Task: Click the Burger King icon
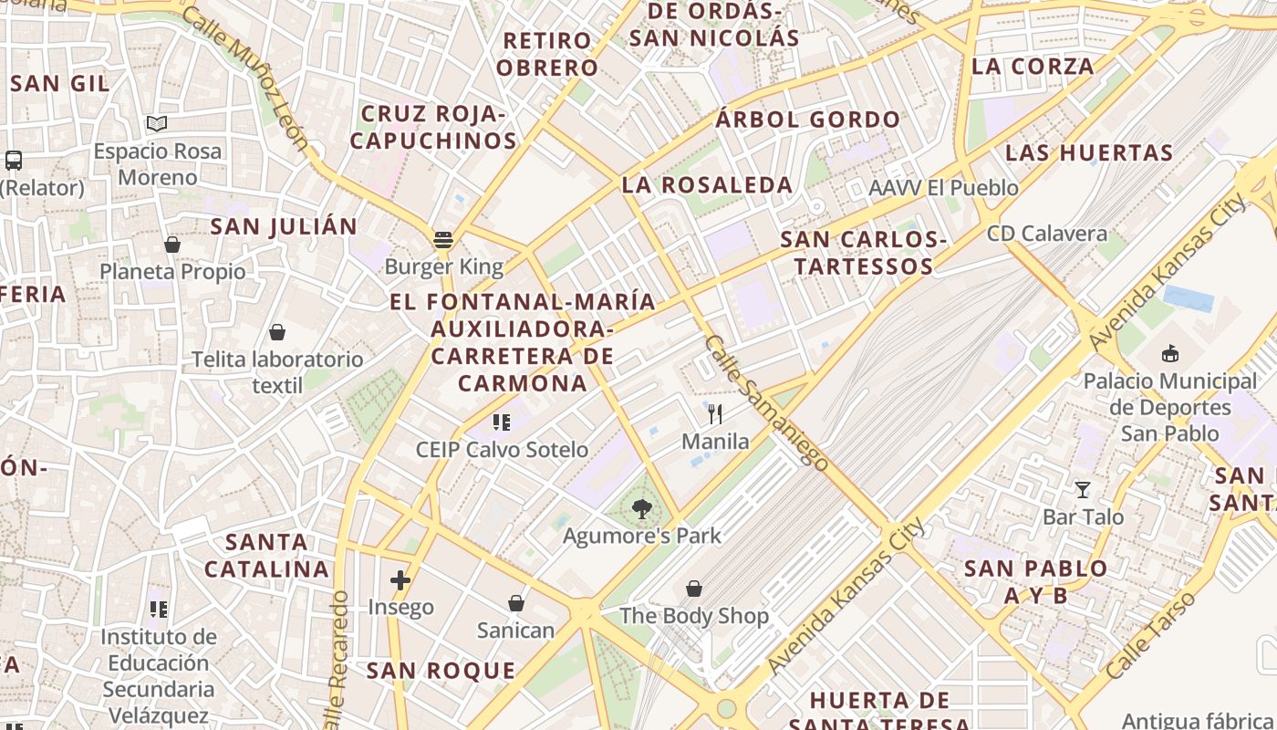coord(443,241)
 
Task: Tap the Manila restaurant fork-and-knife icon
coord(715,414)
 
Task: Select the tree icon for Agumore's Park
coord(642,509)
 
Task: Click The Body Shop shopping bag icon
coord(694,589)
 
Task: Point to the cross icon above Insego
coord(400,580)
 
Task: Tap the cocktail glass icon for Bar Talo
coord(1083,490)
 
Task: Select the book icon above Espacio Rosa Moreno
coord(157,123)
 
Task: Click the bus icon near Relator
coord(14,161)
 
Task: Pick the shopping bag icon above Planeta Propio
coord(171,245)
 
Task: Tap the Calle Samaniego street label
coord(766,403)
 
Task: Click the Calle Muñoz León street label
coord(245,77)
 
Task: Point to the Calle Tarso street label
coord(1150,635)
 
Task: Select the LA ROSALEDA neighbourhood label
coord(707,185)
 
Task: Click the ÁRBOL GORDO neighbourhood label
coord(808,120)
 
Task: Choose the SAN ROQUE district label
coord(441,671)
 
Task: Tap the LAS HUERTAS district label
coord(1089,152)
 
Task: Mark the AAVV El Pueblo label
coord(943,188)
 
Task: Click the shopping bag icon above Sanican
coord(515,603)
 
